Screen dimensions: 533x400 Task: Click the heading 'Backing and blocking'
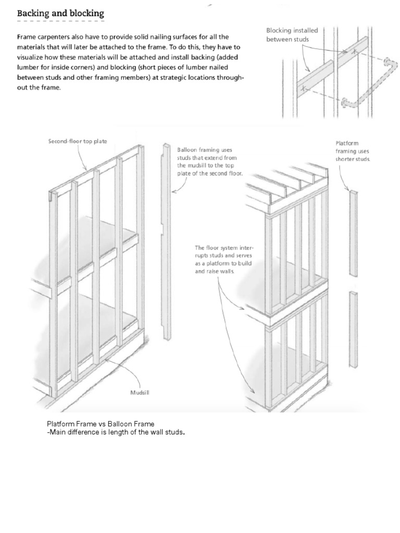coord(60,13)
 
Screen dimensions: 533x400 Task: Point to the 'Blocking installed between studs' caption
coord(292,35)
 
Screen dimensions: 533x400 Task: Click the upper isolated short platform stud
coord(354,233)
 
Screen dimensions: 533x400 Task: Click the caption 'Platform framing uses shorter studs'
coord(353,151)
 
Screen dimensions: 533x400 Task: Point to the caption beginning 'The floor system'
coord(223,259)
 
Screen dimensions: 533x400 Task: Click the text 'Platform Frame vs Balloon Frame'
coord(101,424)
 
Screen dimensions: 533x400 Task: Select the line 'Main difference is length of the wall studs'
coord(116,432)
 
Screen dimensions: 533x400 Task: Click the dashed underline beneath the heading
coord(60,21)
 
